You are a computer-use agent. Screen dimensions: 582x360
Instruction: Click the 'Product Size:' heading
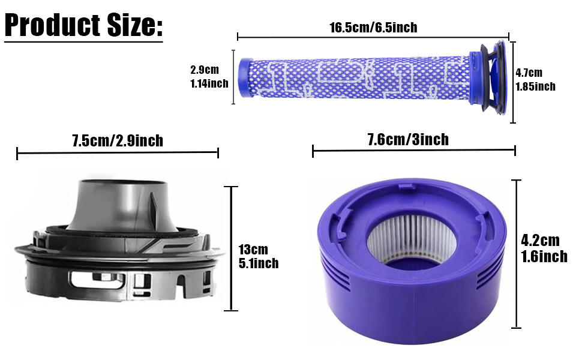coord(83,25)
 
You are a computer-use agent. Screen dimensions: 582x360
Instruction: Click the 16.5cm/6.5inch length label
coord(373,28)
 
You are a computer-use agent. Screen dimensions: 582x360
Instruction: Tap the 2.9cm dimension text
coord(205,70)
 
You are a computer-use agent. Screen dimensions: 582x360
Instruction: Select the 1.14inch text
coord(209,83)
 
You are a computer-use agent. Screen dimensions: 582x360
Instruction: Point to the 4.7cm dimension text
coord(529,73)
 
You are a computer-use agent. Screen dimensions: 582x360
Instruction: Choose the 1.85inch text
coord(536,86)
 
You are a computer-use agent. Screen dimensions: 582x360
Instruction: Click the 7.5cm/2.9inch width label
coord(118,140)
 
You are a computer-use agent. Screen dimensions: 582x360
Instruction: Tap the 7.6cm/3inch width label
coord(408,140)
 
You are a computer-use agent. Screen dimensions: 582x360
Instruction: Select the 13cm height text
coord(253,249)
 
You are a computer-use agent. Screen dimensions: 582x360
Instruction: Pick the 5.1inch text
coord(259,263)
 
